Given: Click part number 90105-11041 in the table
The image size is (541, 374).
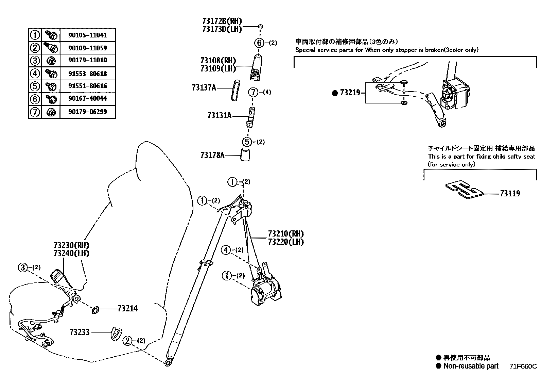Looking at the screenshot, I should pyautogui.click(x=87, y=35).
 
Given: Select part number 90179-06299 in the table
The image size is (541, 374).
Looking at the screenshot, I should pyautogui.click(x=87, y=112).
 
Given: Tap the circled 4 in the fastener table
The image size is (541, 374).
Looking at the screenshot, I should pyautogui.click(x=35, y=73).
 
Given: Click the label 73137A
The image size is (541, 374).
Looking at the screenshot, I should pyautogui.click(x=204, y=88).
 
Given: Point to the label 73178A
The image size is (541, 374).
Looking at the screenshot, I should pyautogui.click(x=212, y=155).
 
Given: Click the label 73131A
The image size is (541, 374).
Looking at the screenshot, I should pyautogui.click(x=219, y=115).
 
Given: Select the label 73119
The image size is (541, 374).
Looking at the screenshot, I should pyautogui.click(x=510, y=193).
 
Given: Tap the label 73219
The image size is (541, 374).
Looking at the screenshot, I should pyautogui.click(x=350, y=92).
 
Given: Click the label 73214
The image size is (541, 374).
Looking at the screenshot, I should pyautogui.click(x=128, y=308).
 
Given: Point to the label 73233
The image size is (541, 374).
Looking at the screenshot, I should pyautogui.click(x=80, y=332).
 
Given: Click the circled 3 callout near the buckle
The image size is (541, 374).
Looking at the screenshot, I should pyautogui.click(x=23, y=268).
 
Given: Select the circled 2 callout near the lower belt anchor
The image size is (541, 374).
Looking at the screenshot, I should pyautogui.click(x=127, y=341).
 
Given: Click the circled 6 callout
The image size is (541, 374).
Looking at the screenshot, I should pyautogui.click(x=259, y=43).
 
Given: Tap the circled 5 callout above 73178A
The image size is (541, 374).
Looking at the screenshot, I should pyautogui.click(x=247, y=142).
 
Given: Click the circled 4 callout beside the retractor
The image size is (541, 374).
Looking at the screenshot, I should pyautogui.click(x=226, y=250).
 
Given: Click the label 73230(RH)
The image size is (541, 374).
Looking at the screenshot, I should pyautogui.click(x=71, y=245).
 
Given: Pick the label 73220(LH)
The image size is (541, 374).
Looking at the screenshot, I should pyautogui.click(x=285, y=242).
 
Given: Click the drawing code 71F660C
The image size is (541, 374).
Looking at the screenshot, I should pyautogui.click(x=523, y=367).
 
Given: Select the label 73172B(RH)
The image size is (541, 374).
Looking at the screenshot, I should pyautogui.click(x=222, y=21).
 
